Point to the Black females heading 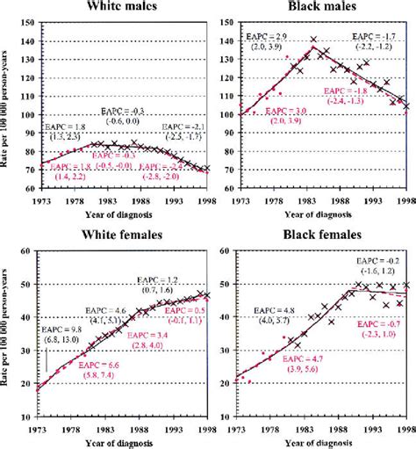(x=319, y=236)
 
